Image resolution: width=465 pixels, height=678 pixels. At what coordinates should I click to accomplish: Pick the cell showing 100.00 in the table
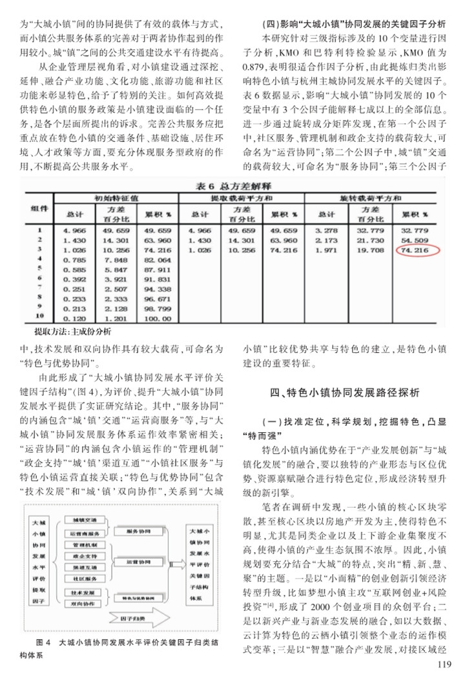tap(158, 317)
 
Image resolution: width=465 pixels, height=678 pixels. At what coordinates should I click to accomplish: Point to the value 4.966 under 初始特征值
tap(74, 230)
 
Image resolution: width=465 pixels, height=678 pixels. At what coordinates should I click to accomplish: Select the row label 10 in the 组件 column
tap(39, 317)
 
